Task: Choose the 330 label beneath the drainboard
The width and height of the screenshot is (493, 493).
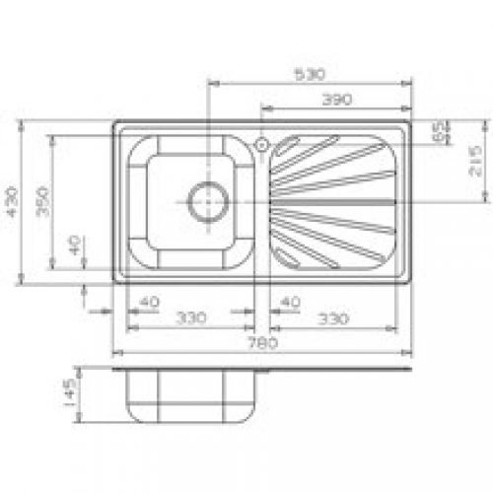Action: click(x=333, y=318)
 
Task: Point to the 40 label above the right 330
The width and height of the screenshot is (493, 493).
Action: click(x=291, y=301)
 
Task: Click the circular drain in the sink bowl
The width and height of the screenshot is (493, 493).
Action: click(x=208, y=201)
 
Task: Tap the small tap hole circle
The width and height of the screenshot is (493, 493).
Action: click(x=261, y=144)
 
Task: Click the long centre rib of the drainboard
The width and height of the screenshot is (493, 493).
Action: click(x=330, y=201)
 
